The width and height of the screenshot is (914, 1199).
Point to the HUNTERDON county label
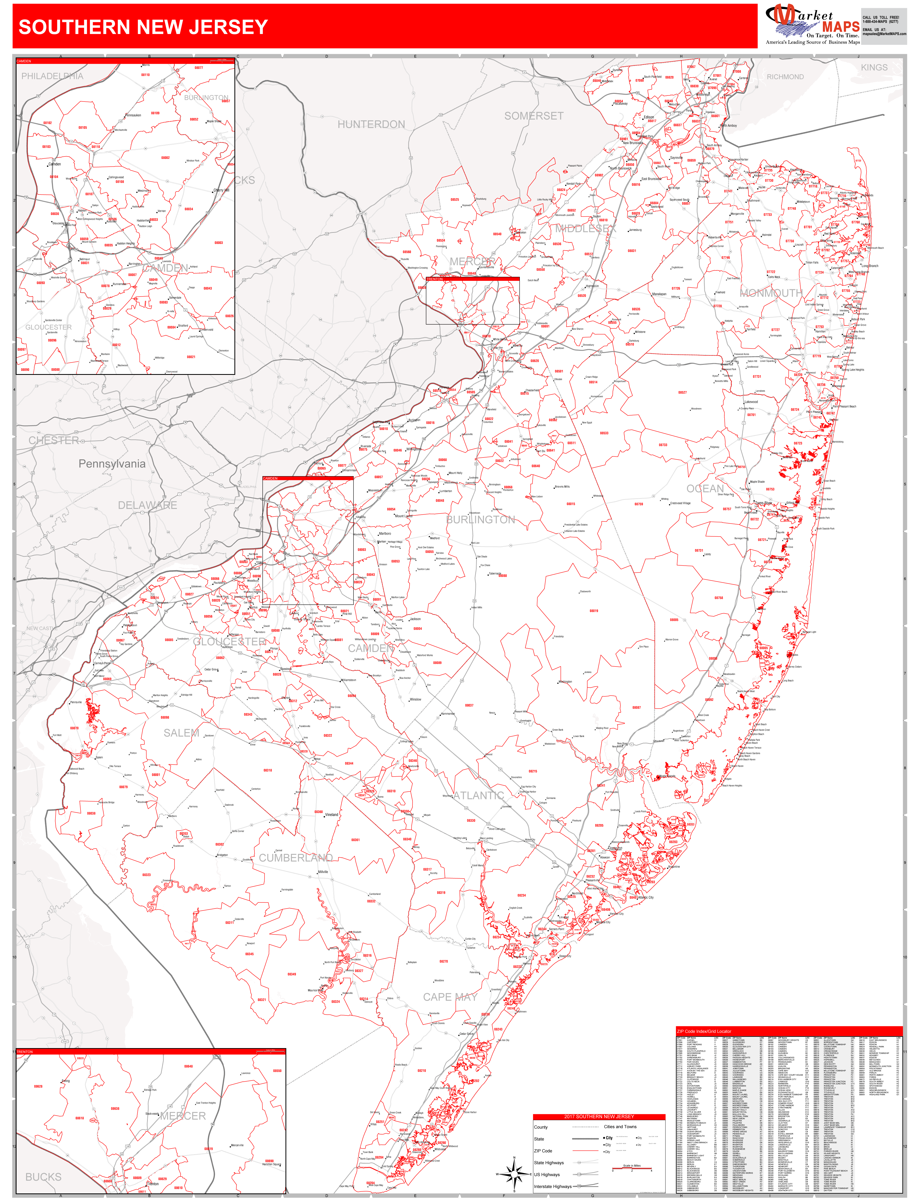click(371, 125)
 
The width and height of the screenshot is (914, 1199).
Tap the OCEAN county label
click(705, 489)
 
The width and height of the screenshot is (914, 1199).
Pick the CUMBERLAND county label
click(295, 858)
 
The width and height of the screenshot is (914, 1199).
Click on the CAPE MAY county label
click(450, 997)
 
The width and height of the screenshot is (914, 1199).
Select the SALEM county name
click(181, 733)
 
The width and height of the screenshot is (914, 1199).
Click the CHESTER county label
click(54, 440)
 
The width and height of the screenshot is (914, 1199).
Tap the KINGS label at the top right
click(874, 67)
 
